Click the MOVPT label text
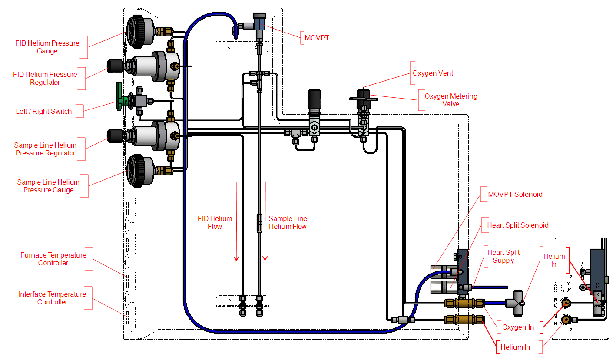(x=317, y=38)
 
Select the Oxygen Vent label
(x=433, y=73)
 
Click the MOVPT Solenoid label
(x=515, y=194)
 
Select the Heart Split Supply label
(x=503, y=256)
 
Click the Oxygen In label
(x=518, y=327)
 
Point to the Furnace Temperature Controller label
(x=53, y=259)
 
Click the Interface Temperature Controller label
(x=52, y=298)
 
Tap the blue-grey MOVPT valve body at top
(x=260, y=23)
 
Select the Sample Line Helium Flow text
(x=288, y=222)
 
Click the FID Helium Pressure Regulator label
(x=45, y=78)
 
